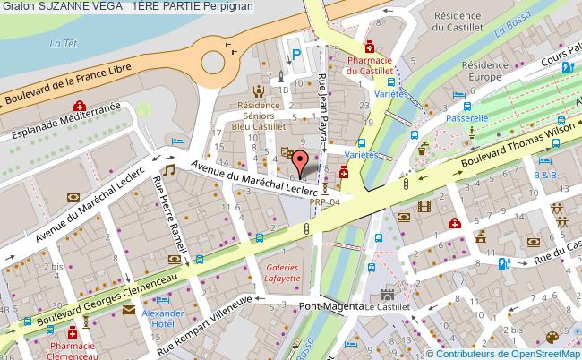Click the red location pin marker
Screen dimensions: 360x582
pyautogui.click(x=303, y=162)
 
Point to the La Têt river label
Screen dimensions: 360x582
pyautogui.click(x=61, y=42)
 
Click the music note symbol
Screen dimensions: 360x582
pyautogui.click(x=167, y=169)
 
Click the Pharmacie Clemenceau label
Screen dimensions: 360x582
pyautogui.click(x=72, y=349)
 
